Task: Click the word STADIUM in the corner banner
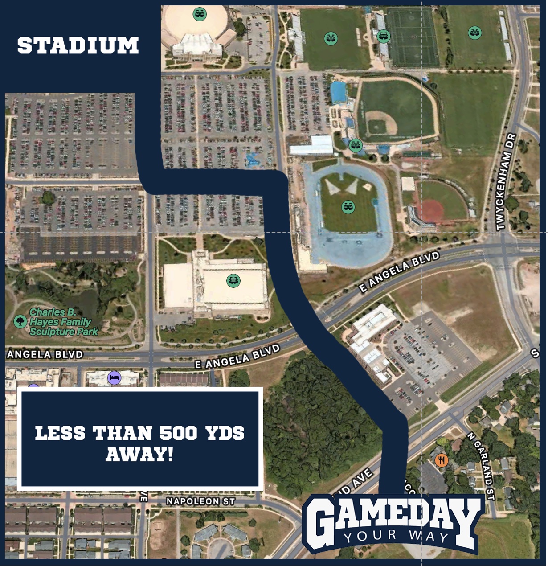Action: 78,45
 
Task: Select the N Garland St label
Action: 481,466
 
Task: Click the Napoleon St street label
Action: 200,501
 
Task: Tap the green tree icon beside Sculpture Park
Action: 20,321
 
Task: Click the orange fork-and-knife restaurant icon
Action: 441,460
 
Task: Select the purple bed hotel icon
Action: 115,378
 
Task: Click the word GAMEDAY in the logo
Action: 392,517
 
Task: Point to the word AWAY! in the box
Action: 139,455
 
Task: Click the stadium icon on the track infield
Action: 348,207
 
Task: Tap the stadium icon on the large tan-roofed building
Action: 233,280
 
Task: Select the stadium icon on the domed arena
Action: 200,14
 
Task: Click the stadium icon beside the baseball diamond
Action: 355,145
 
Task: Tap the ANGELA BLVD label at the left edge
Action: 45,355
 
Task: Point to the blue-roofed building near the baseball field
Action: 339,93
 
